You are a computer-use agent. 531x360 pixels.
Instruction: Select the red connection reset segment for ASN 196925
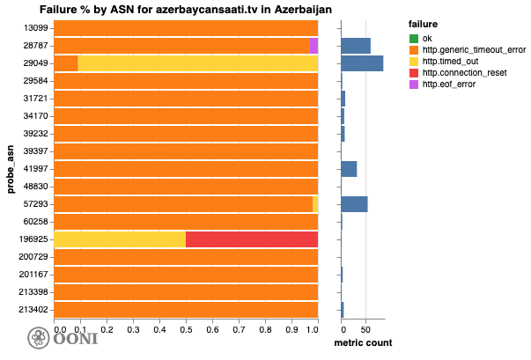click(x=252, y=239)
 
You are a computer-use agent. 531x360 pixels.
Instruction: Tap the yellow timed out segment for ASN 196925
click(x=120, y=239)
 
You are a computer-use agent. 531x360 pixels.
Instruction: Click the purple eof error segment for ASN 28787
click(x=313, y=46)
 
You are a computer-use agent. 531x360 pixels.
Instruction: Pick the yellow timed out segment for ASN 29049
click(x=198, y=63)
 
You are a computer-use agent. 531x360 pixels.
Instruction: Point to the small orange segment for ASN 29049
click(x=66, y=63)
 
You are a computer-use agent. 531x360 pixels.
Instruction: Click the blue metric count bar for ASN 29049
click(x=362, y=63)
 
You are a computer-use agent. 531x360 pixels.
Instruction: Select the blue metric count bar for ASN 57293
click(x=354, y=204)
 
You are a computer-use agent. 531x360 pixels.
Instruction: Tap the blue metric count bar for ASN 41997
click(x=349, y=169)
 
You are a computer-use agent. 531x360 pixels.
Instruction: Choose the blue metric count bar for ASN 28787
click(x=356, y=46)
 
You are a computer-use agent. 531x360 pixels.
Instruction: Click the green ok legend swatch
click(x=414, y=39)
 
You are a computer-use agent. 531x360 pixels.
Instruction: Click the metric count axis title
click(x=364, y=343)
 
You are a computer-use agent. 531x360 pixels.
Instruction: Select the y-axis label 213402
click(x=36, y=310)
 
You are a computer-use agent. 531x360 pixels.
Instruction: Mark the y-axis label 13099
click(x=39, y=28)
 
